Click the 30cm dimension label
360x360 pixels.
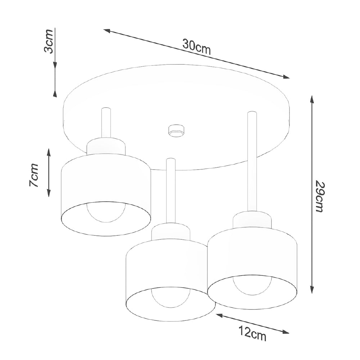pyautogui.click(x=196, y=47)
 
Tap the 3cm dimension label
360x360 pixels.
pyautogui.click(x=49, y=41)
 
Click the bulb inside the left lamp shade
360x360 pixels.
pyautogui.click(x=105, y=212)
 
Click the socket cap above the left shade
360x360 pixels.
pyautogui.click(x=106, y=146)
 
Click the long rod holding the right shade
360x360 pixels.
pyautogui.click(x=252, y=162)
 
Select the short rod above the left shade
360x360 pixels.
pyautogui.click(x=106, y=123)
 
